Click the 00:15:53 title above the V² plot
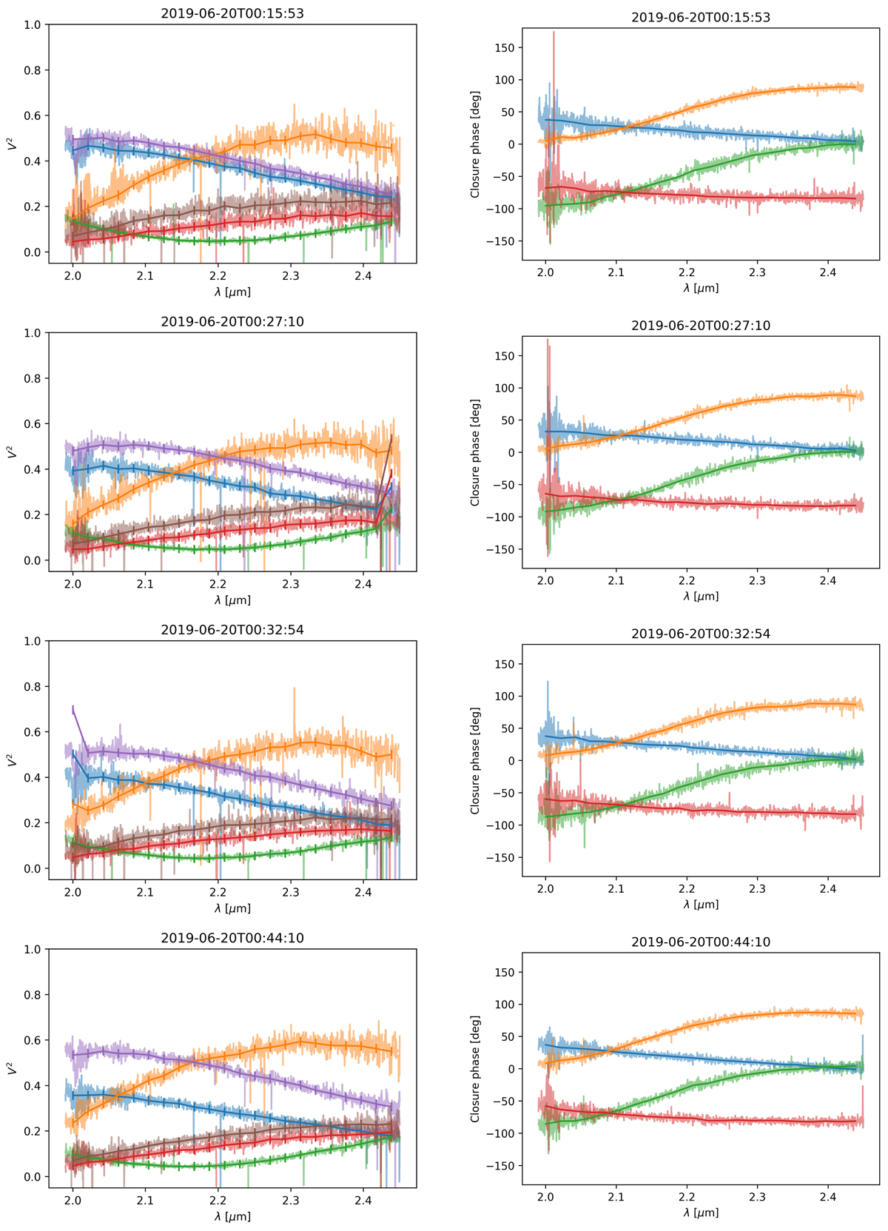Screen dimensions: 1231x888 232,13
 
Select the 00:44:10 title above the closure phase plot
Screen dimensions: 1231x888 701,942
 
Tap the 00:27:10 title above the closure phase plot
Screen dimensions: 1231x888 701,326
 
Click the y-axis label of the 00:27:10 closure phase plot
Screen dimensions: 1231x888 475,452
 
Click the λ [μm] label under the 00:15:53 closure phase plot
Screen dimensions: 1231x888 701,288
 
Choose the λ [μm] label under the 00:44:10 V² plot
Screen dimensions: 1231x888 232,1215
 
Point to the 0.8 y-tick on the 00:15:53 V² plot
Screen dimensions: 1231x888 32,70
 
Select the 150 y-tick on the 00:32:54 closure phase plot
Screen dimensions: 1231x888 505,664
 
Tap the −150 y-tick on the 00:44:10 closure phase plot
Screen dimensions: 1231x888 502,1166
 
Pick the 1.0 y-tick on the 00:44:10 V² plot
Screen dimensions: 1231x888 32,949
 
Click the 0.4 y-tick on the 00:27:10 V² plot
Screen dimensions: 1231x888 32,469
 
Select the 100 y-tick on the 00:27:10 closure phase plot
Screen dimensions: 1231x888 505,388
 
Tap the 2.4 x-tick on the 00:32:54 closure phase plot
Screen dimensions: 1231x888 828,888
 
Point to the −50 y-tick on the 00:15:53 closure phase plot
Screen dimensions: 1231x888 505,177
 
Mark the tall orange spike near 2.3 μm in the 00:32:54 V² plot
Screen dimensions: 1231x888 295,689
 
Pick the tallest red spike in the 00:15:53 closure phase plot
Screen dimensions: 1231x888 554,33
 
